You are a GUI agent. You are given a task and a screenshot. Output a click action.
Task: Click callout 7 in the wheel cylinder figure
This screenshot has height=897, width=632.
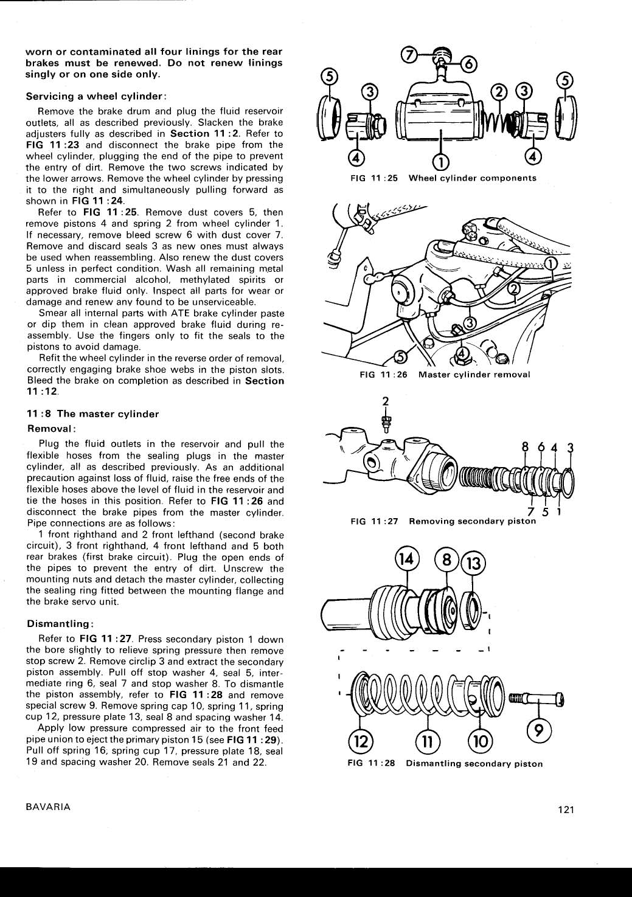pos(410,55)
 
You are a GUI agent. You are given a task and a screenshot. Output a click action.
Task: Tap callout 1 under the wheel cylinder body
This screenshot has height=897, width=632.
pos(440,161)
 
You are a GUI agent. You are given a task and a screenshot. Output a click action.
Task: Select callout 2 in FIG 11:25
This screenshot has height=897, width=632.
pos(499,92)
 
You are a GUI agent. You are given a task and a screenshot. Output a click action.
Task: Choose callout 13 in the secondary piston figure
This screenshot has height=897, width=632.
pos(474,564)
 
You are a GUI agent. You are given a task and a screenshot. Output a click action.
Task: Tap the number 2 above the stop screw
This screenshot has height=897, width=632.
pos(384,401)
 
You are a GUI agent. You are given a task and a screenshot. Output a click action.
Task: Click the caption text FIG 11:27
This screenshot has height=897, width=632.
pos(374,521)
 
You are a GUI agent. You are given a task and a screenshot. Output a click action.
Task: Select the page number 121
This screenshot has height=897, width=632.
pos(565,809)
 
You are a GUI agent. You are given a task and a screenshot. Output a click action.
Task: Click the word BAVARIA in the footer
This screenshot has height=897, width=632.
pos(48,807)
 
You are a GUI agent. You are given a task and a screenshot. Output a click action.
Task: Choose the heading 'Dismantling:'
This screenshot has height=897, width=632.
pos(60,624)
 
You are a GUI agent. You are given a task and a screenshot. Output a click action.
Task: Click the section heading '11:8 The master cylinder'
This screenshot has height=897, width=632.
pos(93,414)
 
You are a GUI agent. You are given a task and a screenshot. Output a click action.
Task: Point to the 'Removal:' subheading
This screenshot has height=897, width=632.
pos(51,428)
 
